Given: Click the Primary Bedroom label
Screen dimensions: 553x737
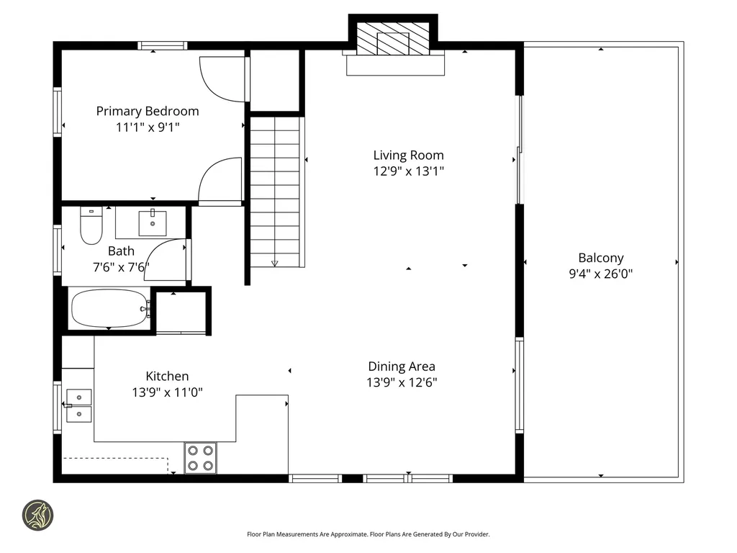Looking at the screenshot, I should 148,111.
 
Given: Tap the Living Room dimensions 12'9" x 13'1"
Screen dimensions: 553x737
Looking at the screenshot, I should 408,171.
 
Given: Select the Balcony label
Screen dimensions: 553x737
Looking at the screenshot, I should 601,258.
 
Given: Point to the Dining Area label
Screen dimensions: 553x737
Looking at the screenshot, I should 402,367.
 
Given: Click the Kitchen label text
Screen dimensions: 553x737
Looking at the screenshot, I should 167,376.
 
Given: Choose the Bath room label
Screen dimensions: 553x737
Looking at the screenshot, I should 121,251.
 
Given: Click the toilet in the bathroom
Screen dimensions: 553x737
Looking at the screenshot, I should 91,226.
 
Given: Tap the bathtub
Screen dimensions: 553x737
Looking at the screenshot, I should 109,308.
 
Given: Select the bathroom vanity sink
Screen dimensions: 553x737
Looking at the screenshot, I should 153,222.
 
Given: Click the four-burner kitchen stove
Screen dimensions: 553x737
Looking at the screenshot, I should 202,457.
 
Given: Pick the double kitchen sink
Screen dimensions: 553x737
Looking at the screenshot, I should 78,405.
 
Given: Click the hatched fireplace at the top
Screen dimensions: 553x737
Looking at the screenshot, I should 393,41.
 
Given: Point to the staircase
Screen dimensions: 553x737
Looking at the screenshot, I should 274,191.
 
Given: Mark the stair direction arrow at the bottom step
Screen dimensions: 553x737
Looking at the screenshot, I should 274,264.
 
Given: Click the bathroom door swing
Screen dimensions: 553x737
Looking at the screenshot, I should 166,260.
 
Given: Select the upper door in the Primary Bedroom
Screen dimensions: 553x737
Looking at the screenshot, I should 222,78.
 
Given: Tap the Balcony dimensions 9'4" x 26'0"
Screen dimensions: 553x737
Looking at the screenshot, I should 601,274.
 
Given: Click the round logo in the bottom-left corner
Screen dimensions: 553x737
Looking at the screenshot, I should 37,516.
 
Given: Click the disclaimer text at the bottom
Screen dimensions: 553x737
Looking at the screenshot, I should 368,534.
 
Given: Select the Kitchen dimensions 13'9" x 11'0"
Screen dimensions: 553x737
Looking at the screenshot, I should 167,392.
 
